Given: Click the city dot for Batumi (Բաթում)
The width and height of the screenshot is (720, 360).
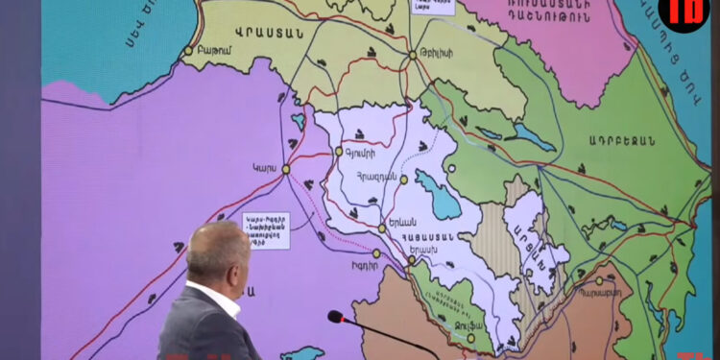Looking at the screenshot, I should coord(188,50).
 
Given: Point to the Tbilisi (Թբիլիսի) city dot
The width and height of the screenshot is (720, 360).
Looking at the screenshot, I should coord(413,55).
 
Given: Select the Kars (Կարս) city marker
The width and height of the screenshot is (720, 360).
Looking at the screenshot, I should coord(285,169).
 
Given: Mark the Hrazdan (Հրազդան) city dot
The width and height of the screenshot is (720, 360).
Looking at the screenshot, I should coord(404,180).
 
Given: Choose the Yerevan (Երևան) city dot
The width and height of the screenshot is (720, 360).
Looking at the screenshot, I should coord(382,228).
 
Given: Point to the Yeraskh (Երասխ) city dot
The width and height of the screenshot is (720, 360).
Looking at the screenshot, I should coord(411,259).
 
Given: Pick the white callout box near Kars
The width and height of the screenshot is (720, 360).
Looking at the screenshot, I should coord(266,230).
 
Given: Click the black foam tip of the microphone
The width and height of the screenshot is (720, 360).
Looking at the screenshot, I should coord(335,316).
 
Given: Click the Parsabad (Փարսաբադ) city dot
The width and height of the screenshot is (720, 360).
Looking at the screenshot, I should coord(599,281).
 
